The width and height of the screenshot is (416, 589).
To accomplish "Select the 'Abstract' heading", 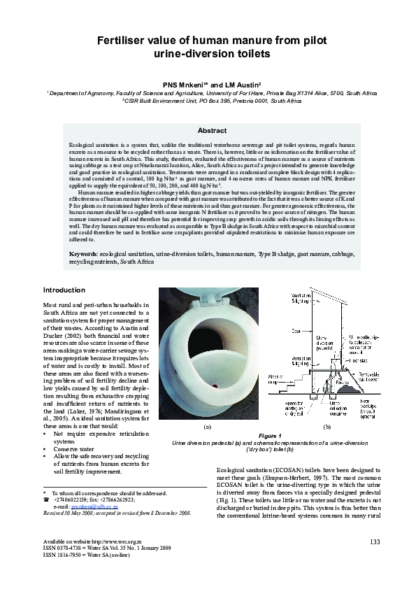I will pyautogui.click(x=212, y=131).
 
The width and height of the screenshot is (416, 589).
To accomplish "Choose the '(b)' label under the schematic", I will pyautogui.click(x=326, y=425).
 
